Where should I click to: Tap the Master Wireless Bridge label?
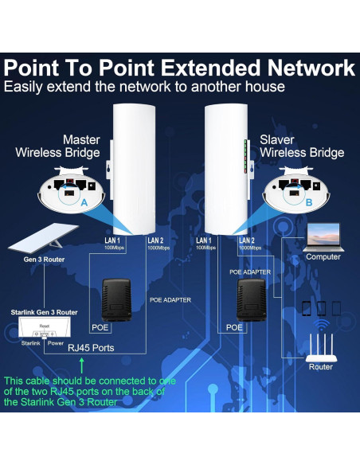[70, 146]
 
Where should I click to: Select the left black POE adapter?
[118, 295]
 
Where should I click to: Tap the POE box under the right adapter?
[233, 327]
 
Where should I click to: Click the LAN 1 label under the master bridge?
[112, 239]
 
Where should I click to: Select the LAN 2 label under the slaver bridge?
[246, 240]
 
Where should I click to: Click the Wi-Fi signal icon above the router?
[321, 326]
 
